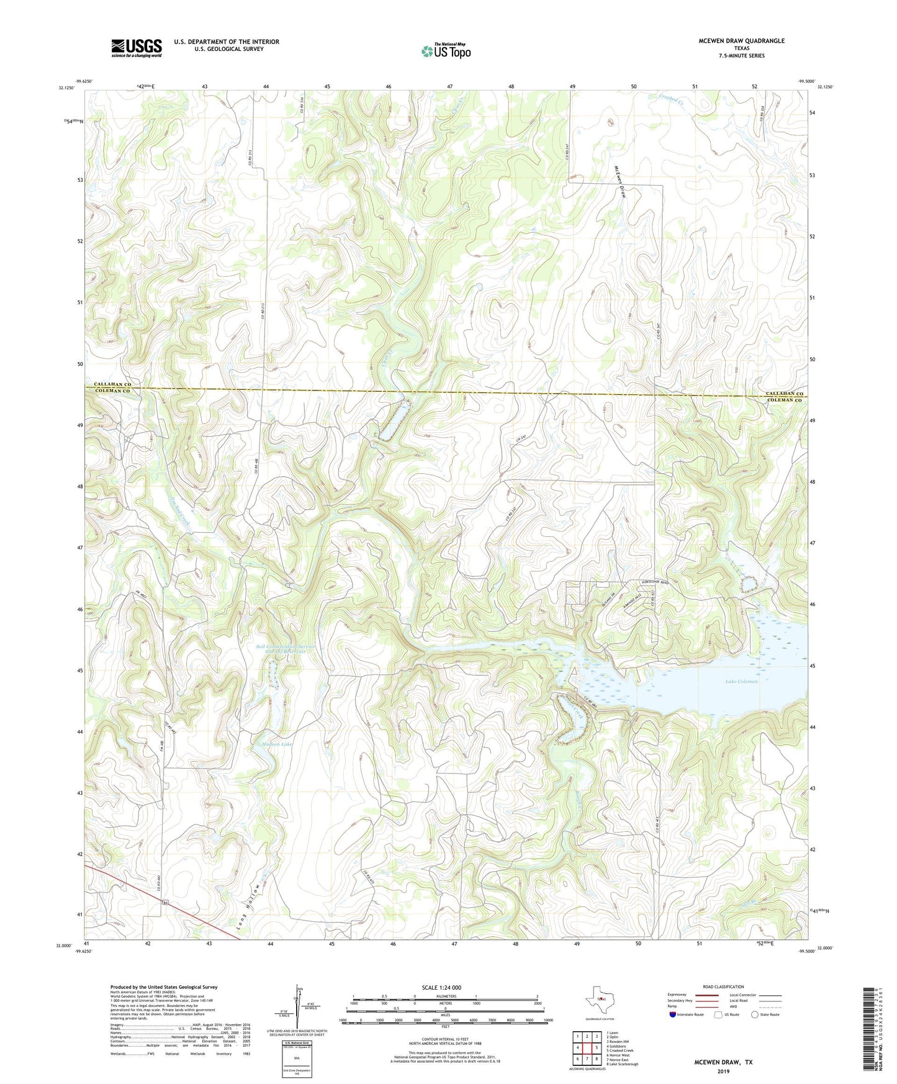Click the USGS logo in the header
[137, 48]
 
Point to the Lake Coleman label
[741, 682]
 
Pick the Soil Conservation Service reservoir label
[286, 649]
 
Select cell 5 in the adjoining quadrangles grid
[597, 1048]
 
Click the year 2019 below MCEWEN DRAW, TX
[723, 1071]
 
